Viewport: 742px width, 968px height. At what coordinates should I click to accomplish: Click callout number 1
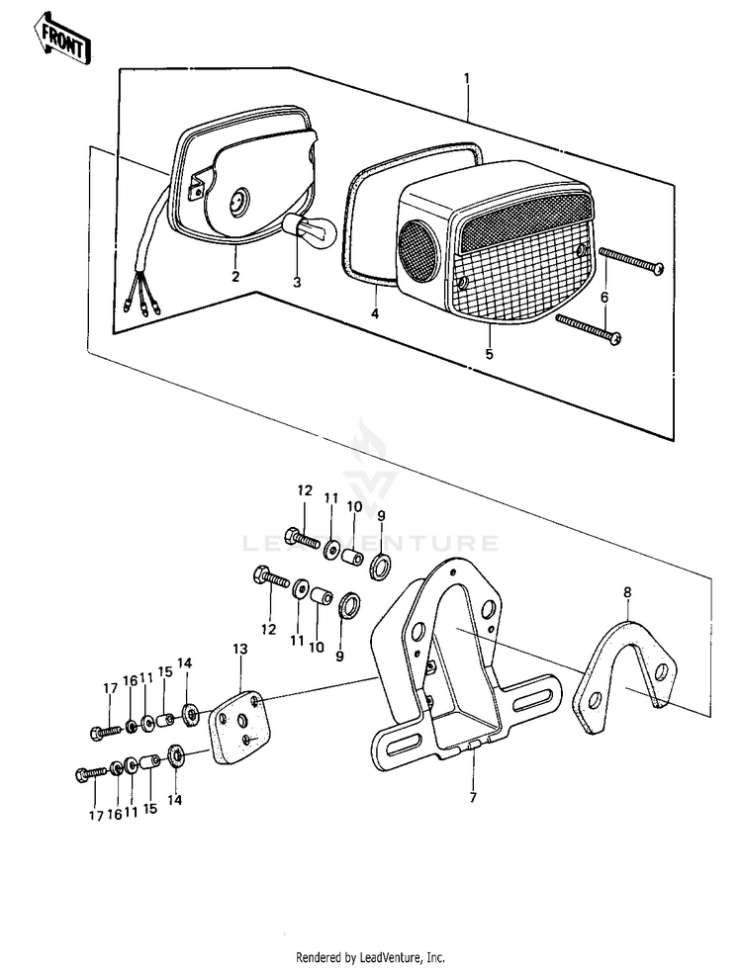[467, 78]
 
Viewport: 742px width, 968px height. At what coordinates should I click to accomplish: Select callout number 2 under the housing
[235, 276]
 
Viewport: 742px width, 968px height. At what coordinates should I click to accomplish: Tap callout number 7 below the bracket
[472, 797]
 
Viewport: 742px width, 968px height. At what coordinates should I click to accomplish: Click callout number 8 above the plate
[626, 592]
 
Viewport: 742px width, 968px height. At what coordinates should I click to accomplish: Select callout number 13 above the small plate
[239, 648]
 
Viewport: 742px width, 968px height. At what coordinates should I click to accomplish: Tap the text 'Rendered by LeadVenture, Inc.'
[371, 957]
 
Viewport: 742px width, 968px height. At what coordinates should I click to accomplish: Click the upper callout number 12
[304, 490]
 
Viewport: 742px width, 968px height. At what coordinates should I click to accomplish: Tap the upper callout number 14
[183, 661]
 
